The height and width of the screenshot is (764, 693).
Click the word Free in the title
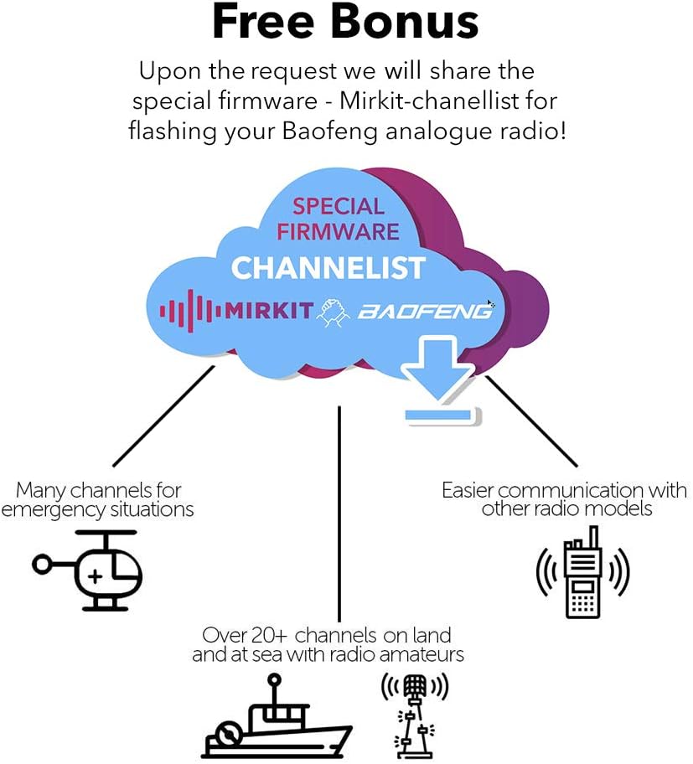(263, 22)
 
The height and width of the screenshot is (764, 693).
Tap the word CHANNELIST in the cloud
(328, 268)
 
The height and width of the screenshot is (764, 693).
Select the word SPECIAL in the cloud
(339, 206)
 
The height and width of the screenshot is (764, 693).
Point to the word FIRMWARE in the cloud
(339, 231)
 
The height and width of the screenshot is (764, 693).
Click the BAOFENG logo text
(425, 311)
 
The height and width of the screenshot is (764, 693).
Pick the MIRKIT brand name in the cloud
(268, 310)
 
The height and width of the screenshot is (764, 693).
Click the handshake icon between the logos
(334, 312)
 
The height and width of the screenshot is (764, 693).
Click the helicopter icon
(88, 570)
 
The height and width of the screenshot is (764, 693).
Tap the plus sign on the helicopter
(96, 577)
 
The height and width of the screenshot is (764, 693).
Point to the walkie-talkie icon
(583, 571)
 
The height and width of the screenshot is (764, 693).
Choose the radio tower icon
(414, 715)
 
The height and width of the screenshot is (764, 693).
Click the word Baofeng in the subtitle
(330, 132)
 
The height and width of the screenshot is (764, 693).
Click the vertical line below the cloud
(339, 514)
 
